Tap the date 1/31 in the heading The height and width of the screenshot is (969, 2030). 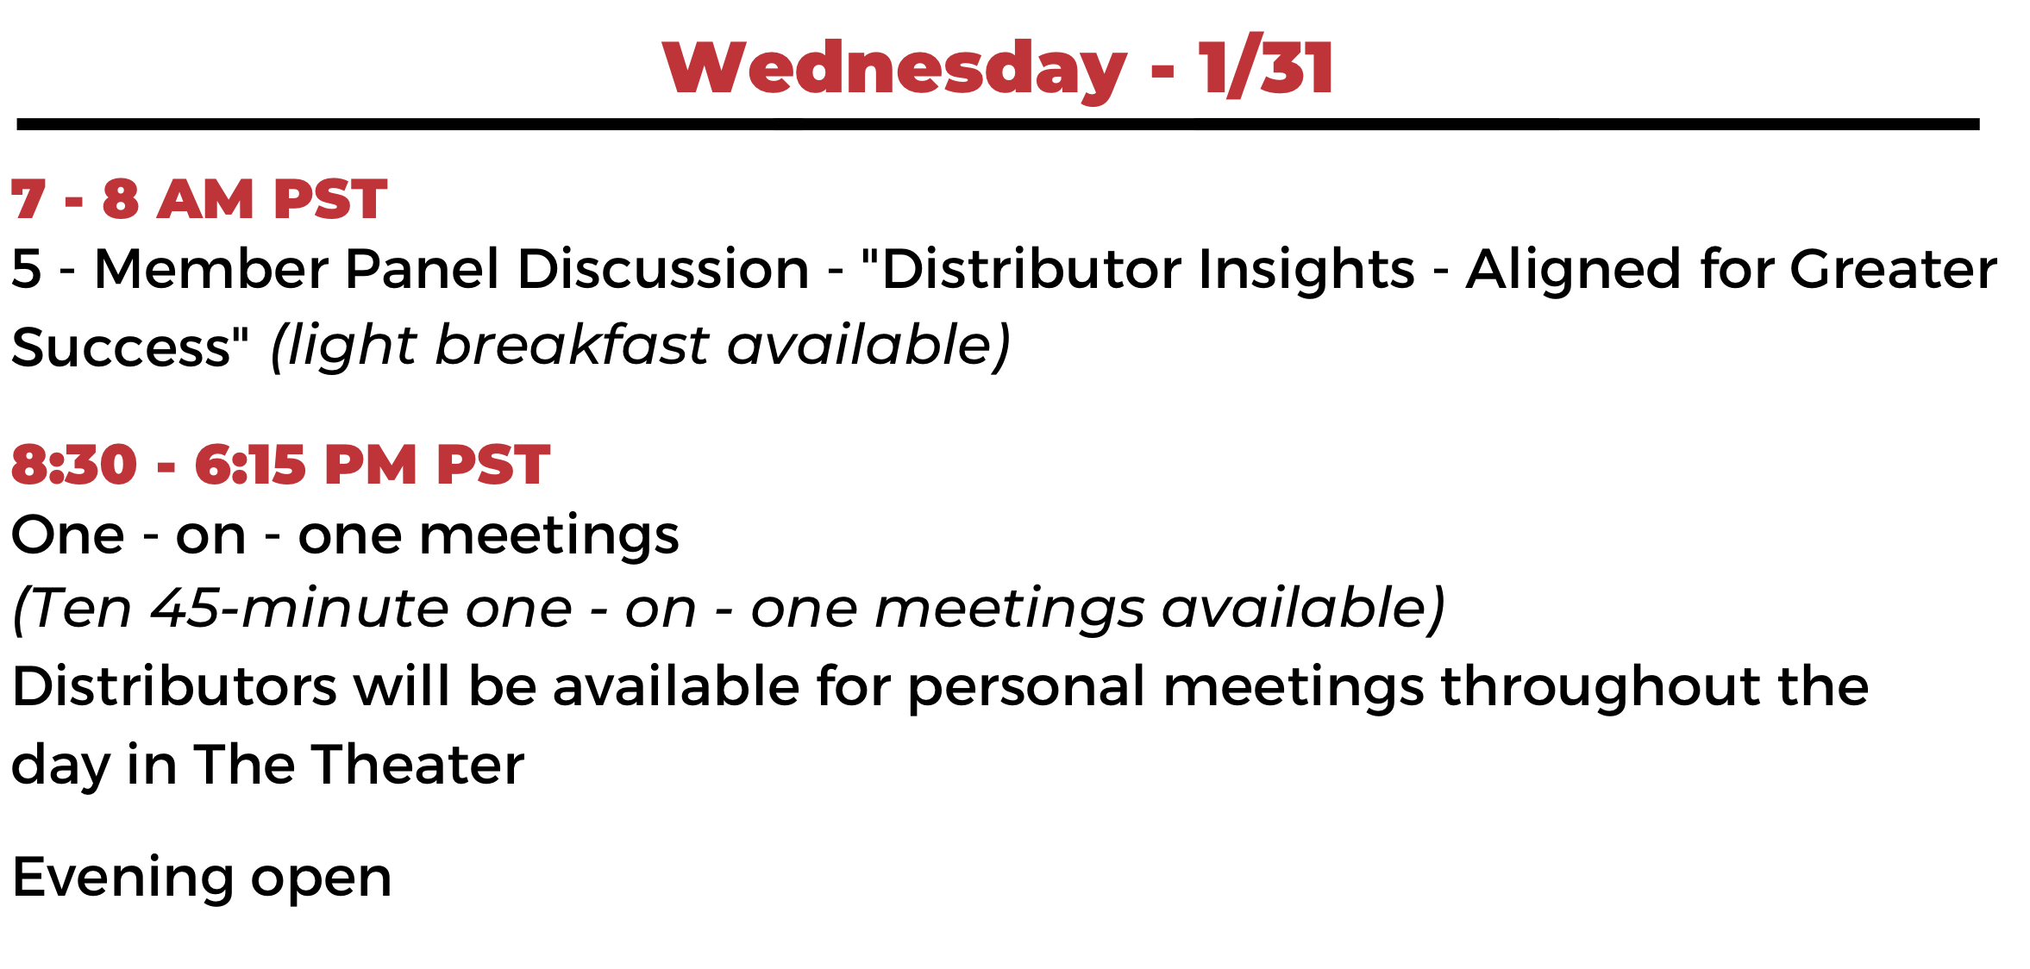tap(1266, 66)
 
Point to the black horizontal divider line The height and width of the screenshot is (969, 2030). tap(998, 125)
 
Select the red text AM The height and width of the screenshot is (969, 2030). tap(205, 199)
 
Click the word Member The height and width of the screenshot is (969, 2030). tap(211, 268)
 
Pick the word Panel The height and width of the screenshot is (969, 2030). tap(422, 268)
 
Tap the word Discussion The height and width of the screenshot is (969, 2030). tap(663, 268)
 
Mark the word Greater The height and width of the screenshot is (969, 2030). tap(1894, 268)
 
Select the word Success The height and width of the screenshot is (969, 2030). tap(122, 347)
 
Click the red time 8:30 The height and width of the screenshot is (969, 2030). tap(74, 465)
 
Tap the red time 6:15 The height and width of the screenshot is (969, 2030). tap(250, 465)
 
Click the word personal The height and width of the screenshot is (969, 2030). tap(1027, 687)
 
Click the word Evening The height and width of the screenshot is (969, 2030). tap(122, 878)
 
